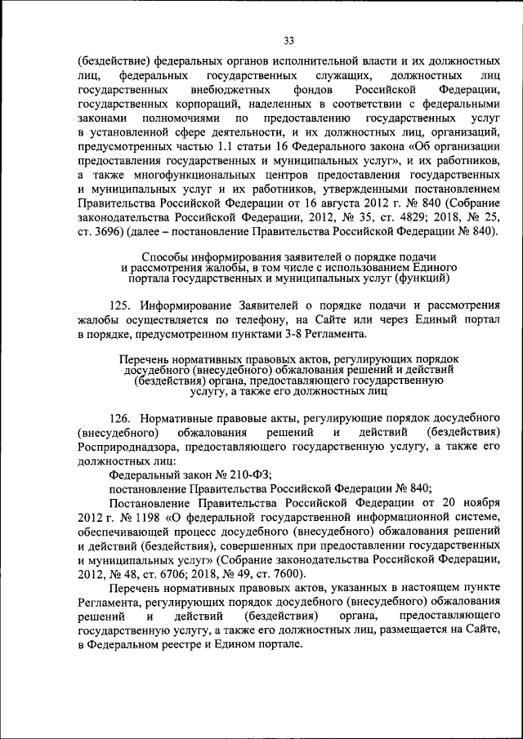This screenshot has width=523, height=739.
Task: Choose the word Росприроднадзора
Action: click(132, 446)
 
